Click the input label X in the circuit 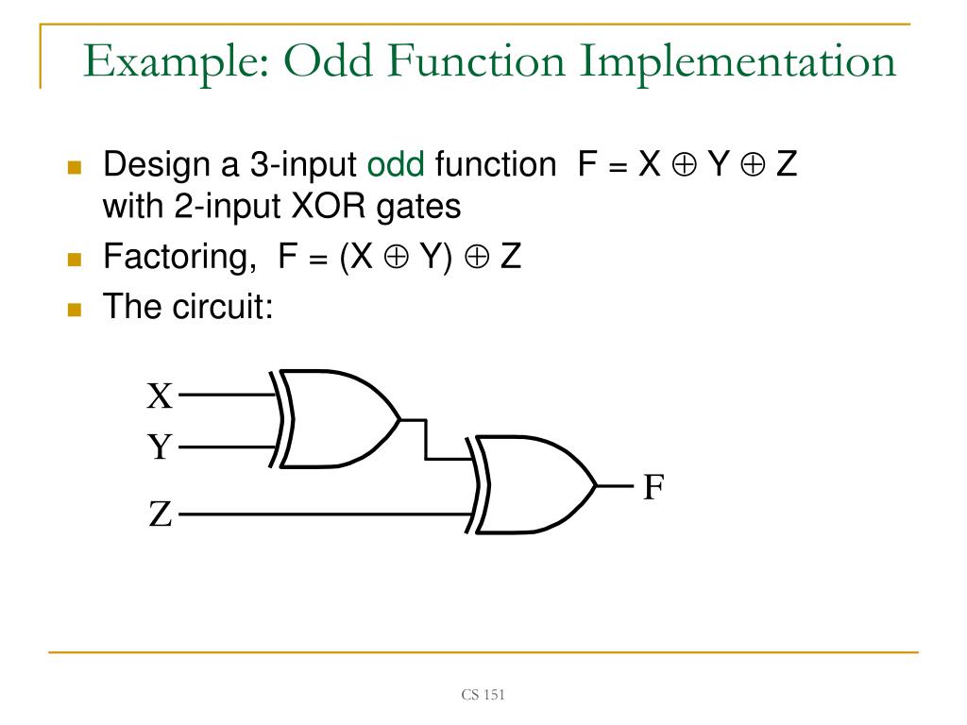[x=160, y=396]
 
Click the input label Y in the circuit [x=160, y=446]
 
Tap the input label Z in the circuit [x=160, y=515]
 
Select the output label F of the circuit [x=653, y=487]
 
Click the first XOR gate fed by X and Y [x=340, y=419]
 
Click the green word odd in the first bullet [x=397, y=166]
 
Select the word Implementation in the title [x=736, y=62]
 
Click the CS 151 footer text [x=483, y=696]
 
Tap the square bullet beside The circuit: [x=76, y=307]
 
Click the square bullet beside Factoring [x=76, y=258]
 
